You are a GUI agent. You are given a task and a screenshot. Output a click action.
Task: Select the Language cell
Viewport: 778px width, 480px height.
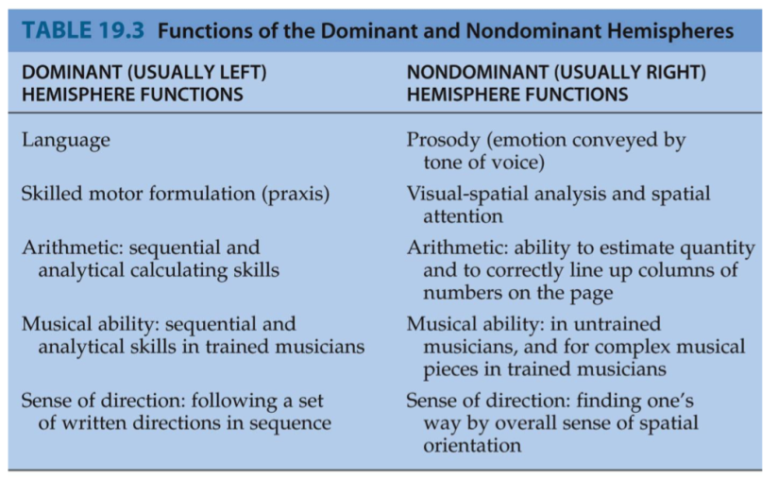coord(65,140)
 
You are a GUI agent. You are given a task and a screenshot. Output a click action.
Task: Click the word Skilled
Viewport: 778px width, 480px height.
coord(52,195)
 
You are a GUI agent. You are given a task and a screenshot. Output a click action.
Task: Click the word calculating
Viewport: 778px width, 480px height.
coord(178,270)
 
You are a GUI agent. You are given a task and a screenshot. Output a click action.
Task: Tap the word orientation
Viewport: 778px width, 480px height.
coord(471,444)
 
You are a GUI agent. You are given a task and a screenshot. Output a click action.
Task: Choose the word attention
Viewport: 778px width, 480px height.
coord(463,216)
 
